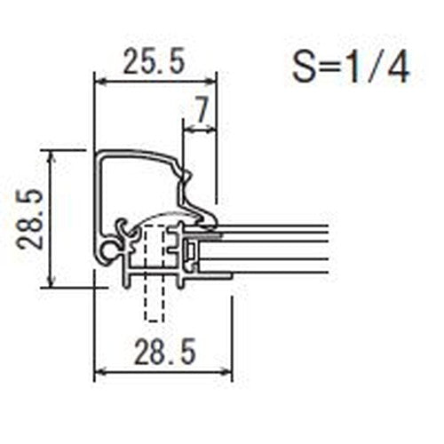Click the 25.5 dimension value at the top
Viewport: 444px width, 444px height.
tap(154, 61)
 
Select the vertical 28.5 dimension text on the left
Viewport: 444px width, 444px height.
tap(30, 219)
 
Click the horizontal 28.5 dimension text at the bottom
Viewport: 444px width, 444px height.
tap(164, 353)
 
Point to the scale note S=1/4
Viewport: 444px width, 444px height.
tap(351, 68)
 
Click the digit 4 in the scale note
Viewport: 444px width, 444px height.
tap(399, 68)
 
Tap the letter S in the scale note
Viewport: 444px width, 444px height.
tap(303, 68)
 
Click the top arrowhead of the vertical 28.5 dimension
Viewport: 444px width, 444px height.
tap(52, 155)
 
